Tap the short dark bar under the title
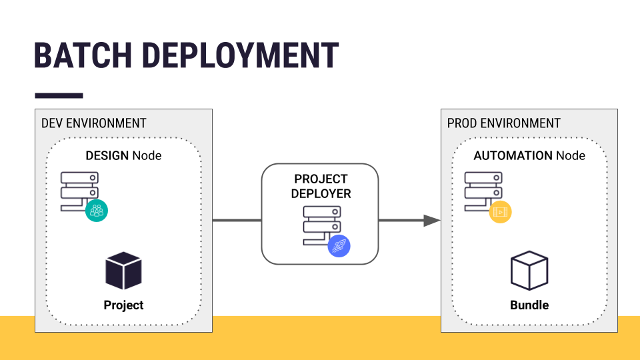tap(59, 95)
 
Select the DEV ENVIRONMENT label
tap(93, 123)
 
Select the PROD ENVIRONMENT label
tap(503, 123)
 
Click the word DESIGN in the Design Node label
tap(107, 155)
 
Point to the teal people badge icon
tap(97, 211)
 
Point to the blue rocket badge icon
tap(339, 246)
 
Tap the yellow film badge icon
tap(500, 212)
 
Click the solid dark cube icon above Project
tap(123, 271)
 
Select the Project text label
tap(123, 305)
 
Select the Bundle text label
tap(529, 305)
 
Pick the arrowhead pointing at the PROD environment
tap(432, 221)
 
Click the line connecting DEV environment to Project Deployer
tap(237, 221)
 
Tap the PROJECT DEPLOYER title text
tap(321, 186)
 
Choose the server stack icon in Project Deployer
tap(321, 225)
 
